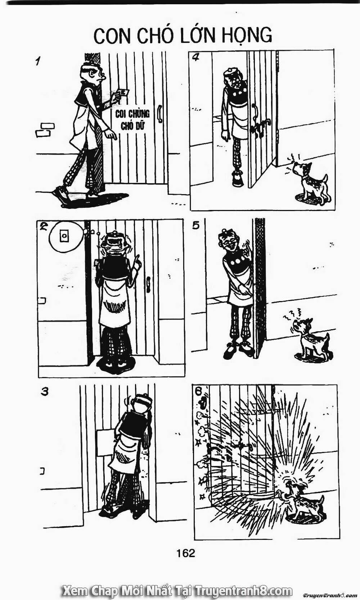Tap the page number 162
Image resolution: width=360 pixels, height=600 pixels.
coord(185,552)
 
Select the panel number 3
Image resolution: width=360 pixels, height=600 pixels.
coord(45,391)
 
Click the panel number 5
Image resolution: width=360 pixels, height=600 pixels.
coord(196,226)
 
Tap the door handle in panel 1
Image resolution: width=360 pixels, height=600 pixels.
coord(159,114)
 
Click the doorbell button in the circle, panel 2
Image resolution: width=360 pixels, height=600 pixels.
coord(64,236)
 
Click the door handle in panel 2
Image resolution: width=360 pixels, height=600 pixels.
coord(148,284)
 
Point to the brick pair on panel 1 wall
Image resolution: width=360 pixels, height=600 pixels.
coord(45,130)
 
